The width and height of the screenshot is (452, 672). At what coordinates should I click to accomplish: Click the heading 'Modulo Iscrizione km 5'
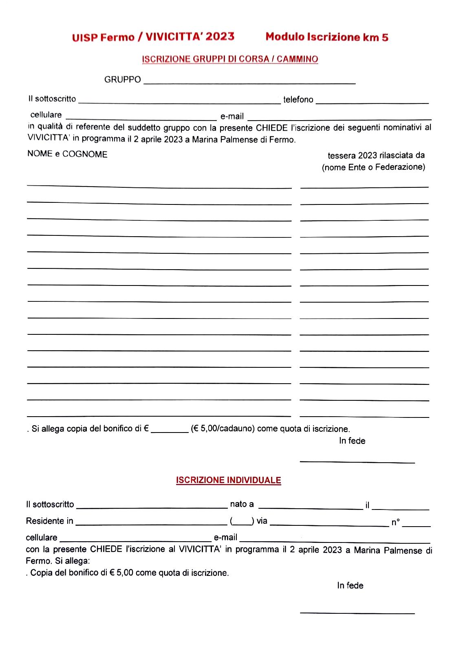(x=326, y=37)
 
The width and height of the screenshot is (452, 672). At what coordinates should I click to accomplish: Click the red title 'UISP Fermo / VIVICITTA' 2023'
(x=153, y=37)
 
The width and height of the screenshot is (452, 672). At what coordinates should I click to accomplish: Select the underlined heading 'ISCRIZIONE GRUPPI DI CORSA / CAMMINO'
(x=230, y=59)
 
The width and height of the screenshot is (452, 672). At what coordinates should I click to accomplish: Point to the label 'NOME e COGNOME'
(x=67, y=154)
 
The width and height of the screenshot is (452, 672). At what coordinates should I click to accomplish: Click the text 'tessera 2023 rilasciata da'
(x=376, y=155)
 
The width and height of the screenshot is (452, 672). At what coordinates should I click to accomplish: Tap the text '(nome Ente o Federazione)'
(x=373, y=167)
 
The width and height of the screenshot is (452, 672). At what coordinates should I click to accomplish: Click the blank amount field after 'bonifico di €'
(x=170, y=429)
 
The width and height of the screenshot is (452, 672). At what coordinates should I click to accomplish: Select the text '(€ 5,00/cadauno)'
(x=223, y=429)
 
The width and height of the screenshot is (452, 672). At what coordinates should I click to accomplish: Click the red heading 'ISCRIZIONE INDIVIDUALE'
(x=229, y=480)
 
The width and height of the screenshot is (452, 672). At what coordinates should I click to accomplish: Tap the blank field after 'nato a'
(x=310, y=506)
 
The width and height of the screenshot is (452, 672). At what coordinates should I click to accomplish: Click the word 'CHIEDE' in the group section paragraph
(x=271, y=128)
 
